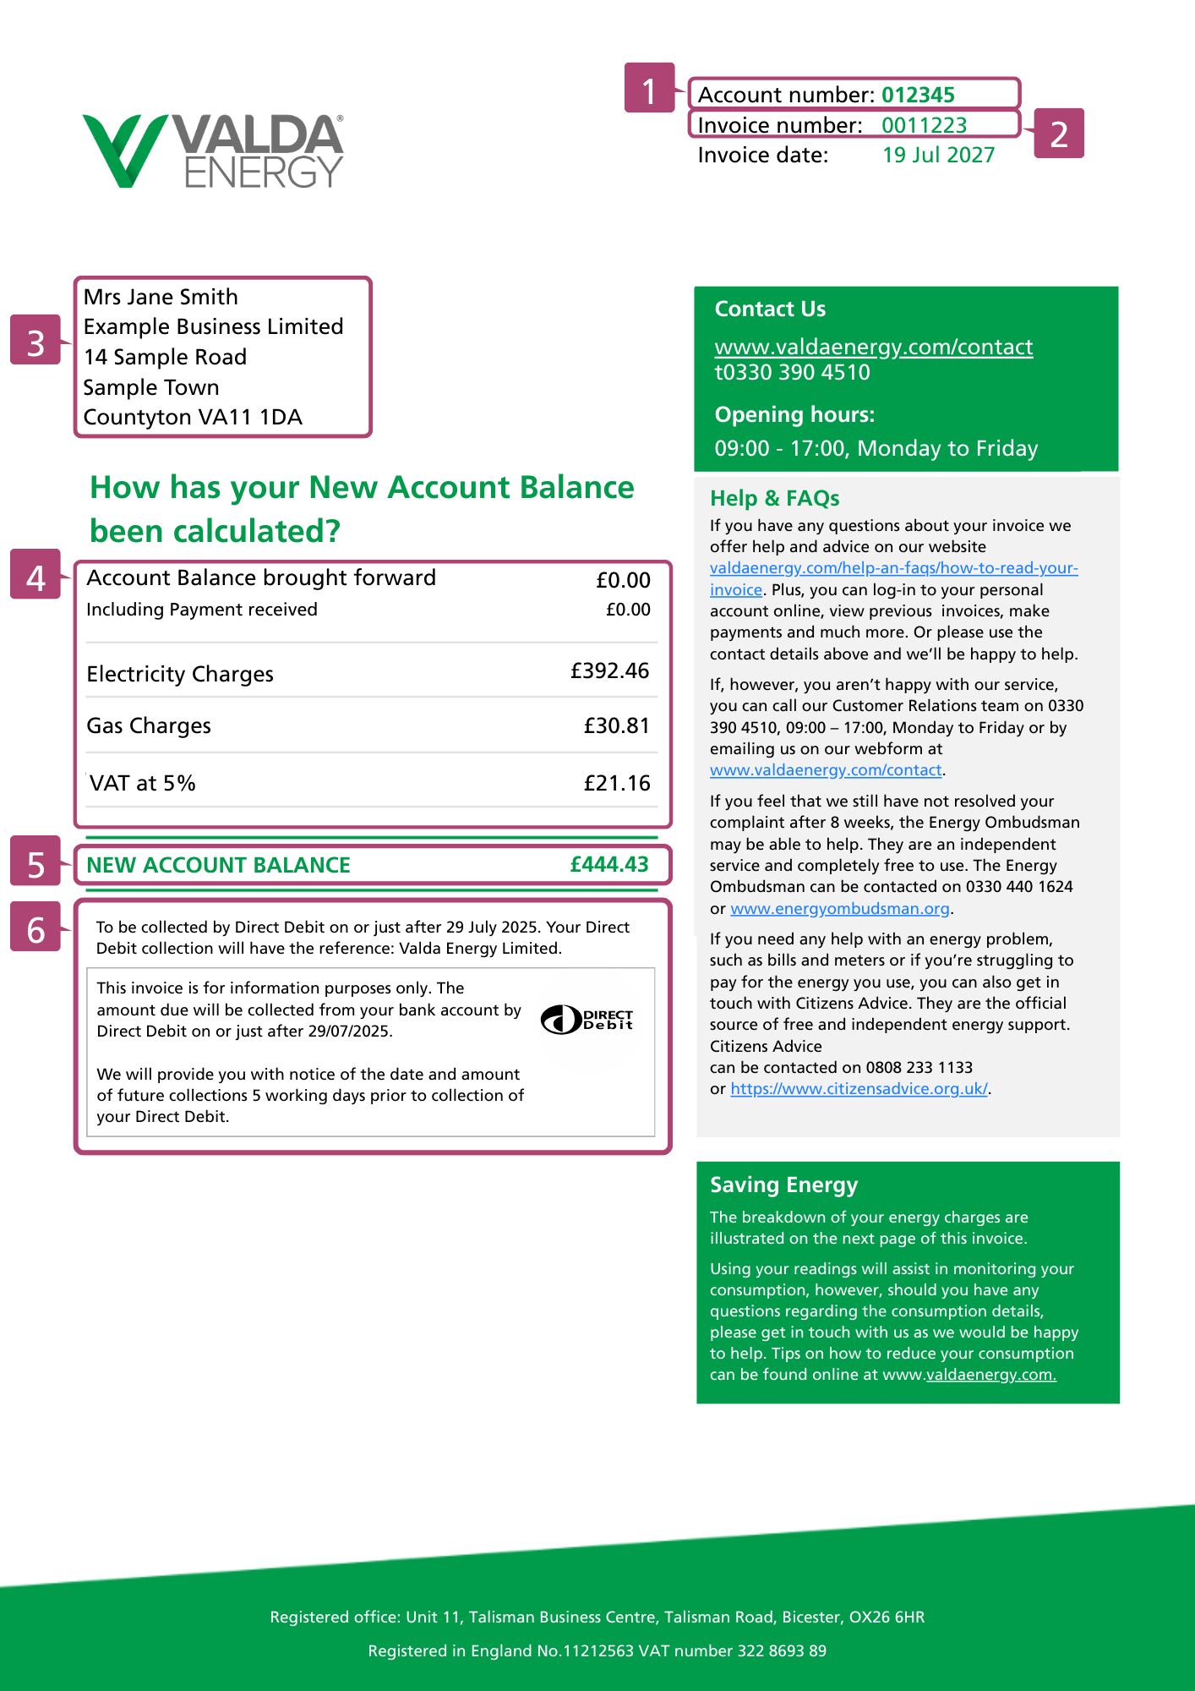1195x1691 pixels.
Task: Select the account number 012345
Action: coord(918,95)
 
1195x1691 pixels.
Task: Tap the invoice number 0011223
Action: coord(924,125)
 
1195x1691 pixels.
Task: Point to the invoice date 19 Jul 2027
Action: coord(938,156)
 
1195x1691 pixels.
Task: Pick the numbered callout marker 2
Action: coord(1059,134)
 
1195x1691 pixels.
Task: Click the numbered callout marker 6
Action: coord(35,929)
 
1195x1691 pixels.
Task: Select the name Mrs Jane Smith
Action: coord(161,297)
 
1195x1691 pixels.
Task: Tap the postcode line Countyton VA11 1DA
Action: coord(193,417)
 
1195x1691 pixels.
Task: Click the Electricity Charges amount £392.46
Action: coord(609,671)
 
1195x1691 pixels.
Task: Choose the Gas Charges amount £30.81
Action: coord(616,726)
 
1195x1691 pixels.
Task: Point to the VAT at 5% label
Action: coord(142,783)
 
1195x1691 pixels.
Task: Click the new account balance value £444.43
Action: coord(609,864)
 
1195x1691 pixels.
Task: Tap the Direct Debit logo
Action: coord(587,1020)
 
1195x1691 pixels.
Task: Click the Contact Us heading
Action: coord(770,309)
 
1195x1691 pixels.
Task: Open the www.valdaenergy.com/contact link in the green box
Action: coord(873,347)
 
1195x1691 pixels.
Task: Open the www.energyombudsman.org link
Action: coord(840,909)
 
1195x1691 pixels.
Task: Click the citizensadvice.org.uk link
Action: coord(859,1089)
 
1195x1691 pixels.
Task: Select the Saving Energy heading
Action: coord(783,1185)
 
